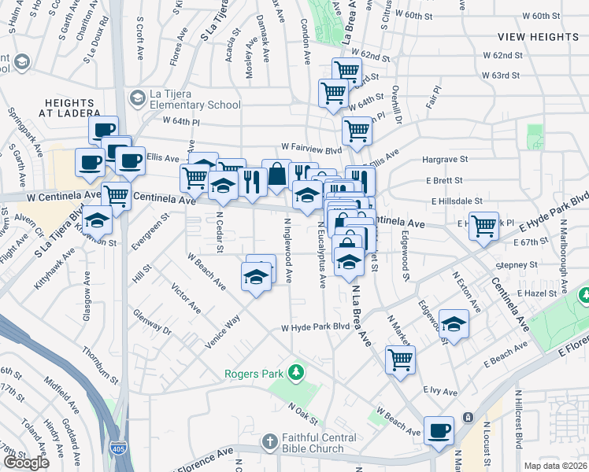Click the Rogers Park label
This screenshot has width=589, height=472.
(254, 374)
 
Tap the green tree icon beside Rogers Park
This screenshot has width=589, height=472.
(296, 371)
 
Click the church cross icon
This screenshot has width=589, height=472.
(269, 441)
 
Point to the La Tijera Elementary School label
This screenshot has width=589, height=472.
(195, 100)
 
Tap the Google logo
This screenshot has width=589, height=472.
(26, 463)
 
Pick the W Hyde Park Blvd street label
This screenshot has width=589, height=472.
(316, 326)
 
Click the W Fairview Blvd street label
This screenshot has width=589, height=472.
(312, 148)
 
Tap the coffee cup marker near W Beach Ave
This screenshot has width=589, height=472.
(439, 430)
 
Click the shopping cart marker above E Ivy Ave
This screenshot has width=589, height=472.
(400, 360)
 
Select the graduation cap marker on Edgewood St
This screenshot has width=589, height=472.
(454, 323)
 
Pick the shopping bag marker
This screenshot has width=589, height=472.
(277, 175)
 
